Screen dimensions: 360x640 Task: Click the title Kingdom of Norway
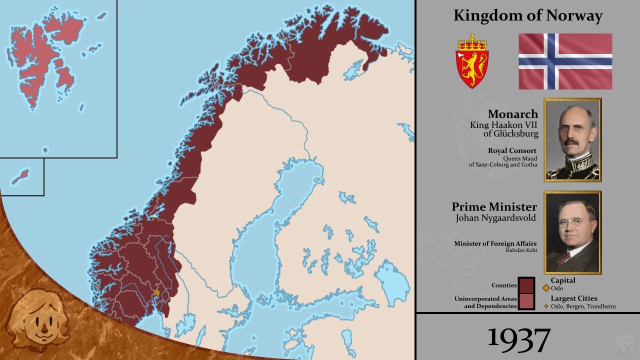click(527, 16)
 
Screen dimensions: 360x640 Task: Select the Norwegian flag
click(565, 61)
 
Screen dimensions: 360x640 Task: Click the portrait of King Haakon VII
click(572, 139)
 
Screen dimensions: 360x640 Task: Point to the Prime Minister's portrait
click(572, 232)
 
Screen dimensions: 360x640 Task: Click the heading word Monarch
click(513, 114)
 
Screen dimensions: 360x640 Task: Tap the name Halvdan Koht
click(521, 250)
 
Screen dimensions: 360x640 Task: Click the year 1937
click(518, 339)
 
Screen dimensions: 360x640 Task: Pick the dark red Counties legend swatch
click(526, 285)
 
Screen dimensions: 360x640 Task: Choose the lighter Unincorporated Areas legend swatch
click(526, 301)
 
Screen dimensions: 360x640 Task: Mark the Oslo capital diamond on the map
click(157, 292)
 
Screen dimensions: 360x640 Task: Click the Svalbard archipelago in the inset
click(45, 55)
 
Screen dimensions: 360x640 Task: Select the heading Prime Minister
click(494, 207)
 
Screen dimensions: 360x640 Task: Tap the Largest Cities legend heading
click(573, 298)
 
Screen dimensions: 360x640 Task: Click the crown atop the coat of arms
click(472, 42)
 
